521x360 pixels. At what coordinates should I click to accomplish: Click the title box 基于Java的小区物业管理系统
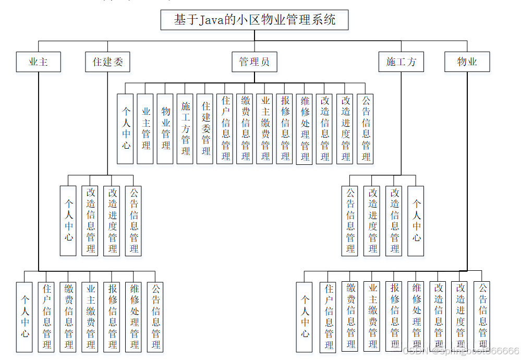pyautogui.click(x=254, y=20)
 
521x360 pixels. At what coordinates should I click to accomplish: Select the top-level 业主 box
pyautogui.click(x=39, y=62)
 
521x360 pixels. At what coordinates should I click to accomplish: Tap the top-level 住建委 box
pyautogui.click(x=107, y=62)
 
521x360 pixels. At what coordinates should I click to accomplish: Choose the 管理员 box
pyautogui.click(x=254, y=62)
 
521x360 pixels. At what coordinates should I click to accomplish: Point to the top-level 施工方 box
pyautogui.click(x=401, y=62)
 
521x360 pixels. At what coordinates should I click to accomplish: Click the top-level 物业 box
pyautogui.click(x=467, y=62)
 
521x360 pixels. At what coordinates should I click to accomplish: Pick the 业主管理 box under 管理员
pyautogui.click(x=146, y=129)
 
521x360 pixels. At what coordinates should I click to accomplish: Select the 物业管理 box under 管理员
pyautogui.click(x=165, y=129)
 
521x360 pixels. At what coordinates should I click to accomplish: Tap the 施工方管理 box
pyautogui.click(x=185, y=129)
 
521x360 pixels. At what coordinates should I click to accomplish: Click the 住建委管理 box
pyautogui.click(x=205, y=129)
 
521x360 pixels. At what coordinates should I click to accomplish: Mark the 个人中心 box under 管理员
pyautogui.click(x=126, y=129)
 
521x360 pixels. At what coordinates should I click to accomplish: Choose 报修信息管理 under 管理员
pyautogui.click(x=285, y=129)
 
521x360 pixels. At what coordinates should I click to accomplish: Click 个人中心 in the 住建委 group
pyautogui.click(x=68, y=221)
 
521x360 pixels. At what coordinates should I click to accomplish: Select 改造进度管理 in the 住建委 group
pyautogui.click(x=113, y=221)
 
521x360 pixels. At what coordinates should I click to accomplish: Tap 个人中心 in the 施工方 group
pyautogui.click(x=416, y=221)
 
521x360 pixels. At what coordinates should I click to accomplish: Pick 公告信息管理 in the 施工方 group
pyautogui.click(x=350, y=221)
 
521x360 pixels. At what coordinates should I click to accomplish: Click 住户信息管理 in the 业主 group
pyautogui.click(x=47, y=317)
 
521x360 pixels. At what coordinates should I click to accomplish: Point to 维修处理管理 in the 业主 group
pyautogui.click(x=135, y=317)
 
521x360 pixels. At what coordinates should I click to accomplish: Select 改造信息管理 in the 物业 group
pyautogui.click(x=439, y=317)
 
